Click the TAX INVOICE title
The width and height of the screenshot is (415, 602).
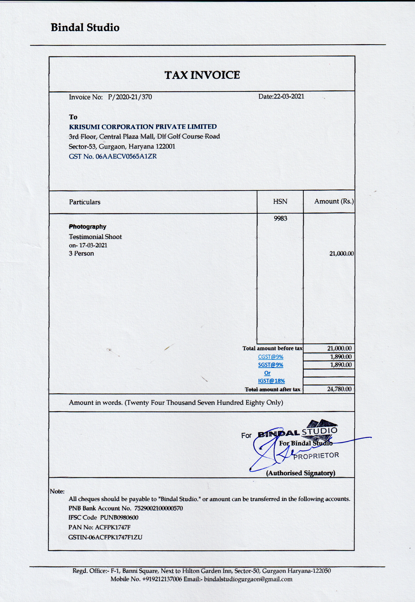202,75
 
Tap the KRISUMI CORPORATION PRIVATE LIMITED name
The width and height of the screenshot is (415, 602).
143,127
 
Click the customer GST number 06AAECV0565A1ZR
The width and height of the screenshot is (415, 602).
126,156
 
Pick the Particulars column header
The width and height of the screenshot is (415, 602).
85,202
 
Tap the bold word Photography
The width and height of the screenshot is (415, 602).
87,227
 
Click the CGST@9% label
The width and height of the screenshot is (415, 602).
270,357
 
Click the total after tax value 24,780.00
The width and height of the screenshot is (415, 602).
339,389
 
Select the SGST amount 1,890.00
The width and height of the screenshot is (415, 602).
341,365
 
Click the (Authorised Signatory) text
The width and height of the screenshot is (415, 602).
300,473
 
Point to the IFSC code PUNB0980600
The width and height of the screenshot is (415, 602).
119,517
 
